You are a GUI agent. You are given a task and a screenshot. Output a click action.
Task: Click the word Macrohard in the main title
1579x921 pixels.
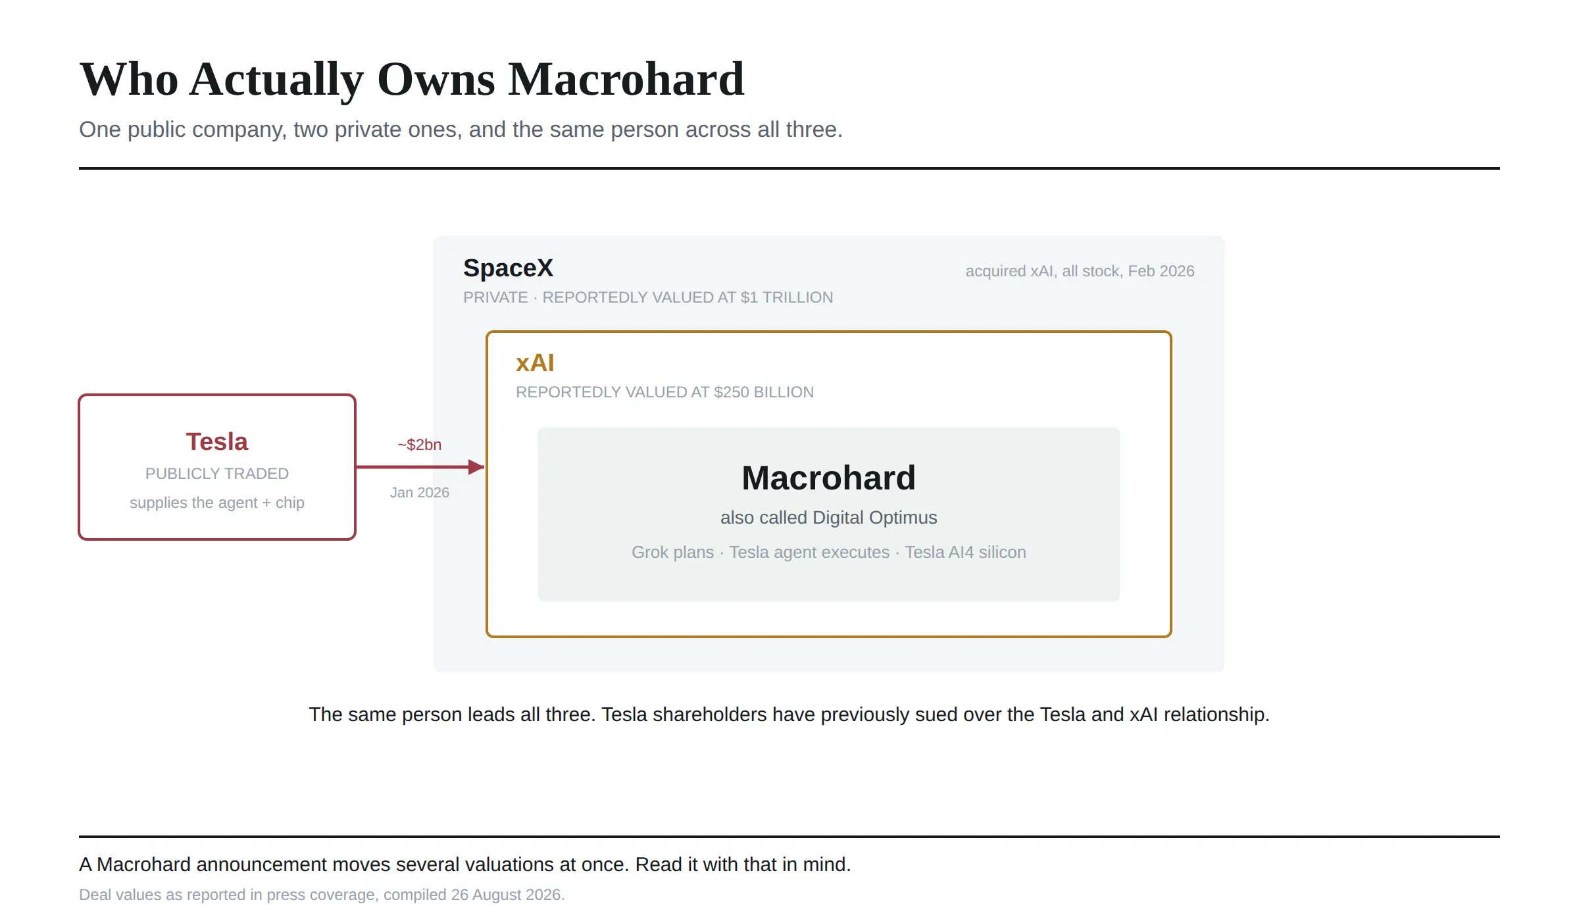626,80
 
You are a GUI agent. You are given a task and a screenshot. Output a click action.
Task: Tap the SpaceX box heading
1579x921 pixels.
508,268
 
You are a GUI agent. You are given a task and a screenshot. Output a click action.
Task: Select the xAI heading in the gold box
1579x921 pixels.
535,363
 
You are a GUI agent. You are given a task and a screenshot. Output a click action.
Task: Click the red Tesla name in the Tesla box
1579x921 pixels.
217,441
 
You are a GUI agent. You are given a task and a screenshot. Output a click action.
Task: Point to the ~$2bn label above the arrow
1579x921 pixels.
420,445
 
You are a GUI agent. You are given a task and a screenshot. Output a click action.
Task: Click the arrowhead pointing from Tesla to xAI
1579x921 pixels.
476,467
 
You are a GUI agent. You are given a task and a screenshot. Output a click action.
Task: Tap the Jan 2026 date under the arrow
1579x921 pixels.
420,493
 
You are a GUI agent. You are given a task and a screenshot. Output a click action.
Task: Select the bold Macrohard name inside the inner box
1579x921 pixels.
828,478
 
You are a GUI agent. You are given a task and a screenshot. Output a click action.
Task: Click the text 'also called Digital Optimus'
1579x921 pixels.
828,518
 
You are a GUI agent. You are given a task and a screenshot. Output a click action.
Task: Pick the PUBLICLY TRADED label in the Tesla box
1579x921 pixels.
217,474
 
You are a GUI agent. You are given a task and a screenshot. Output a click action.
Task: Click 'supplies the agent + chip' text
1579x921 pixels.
217,503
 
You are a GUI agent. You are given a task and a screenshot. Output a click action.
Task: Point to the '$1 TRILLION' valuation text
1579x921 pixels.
787,297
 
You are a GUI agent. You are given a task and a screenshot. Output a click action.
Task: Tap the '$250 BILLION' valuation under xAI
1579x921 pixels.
764,392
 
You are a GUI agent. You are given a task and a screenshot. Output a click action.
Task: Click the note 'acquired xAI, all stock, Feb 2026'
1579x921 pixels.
1080,271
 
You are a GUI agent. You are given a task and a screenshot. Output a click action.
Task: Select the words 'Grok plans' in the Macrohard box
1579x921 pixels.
672,552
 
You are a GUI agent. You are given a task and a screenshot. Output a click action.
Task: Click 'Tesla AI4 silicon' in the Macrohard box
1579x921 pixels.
965,552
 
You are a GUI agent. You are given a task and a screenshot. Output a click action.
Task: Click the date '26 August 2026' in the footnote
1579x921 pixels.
505,895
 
